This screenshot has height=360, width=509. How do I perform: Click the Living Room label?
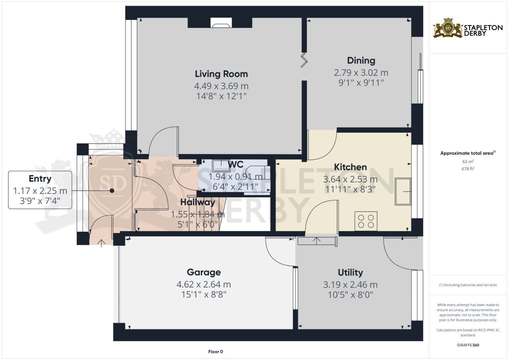(221, 74)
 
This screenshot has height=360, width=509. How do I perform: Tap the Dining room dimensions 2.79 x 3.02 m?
(361, 73)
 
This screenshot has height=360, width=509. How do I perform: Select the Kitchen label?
(350, 167)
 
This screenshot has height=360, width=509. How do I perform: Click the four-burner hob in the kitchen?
(366, 221)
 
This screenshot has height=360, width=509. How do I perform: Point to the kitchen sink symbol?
(403, 191)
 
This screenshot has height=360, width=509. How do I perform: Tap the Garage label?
(204, 272)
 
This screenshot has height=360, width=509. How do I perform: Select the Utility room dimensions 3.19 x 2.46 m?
(350, 285)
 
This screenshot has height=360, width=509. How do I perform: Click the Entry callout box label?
(40, 179)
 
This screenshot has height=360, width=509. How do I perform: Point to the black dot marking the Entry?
(112, 191)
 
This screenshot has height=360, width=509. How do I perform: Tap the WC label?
(235, 164)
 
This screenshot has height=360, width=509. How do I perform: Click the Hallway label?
(198, 202)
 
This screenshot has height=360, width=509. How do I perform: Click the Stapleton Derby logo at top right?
(467, 29)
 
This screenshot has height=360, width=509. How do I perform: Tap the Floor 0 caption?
(215, 352)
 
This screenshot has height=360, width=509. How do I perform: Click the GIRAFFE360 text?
(468, 345)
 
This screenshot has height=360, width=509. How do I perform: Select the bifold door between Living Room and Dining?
(304, 60)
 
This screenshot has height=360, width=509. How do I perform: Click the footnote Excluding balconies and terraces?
(468, 285)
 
